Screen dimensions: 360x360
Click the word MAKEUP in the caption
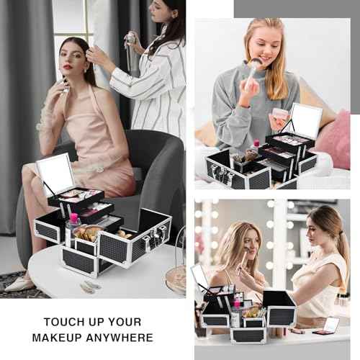pyautogui.click(x=66, y=337)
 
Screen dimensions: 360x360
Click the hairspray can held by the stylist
pyautogui.click(x=131, y=49)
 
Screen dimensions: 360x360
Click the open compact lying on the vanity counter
pyautogui.click(x=328, y=325)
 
